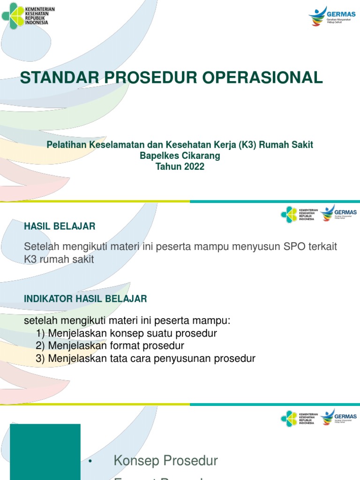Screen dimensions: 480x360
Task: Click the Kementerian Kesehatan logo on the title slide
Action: tap(28, 16)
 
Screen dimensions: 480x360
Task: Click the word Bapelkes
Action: tap(157, 156)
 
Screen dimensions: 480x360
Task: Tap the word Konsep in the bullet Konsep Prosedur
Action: tap(137, 461)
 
